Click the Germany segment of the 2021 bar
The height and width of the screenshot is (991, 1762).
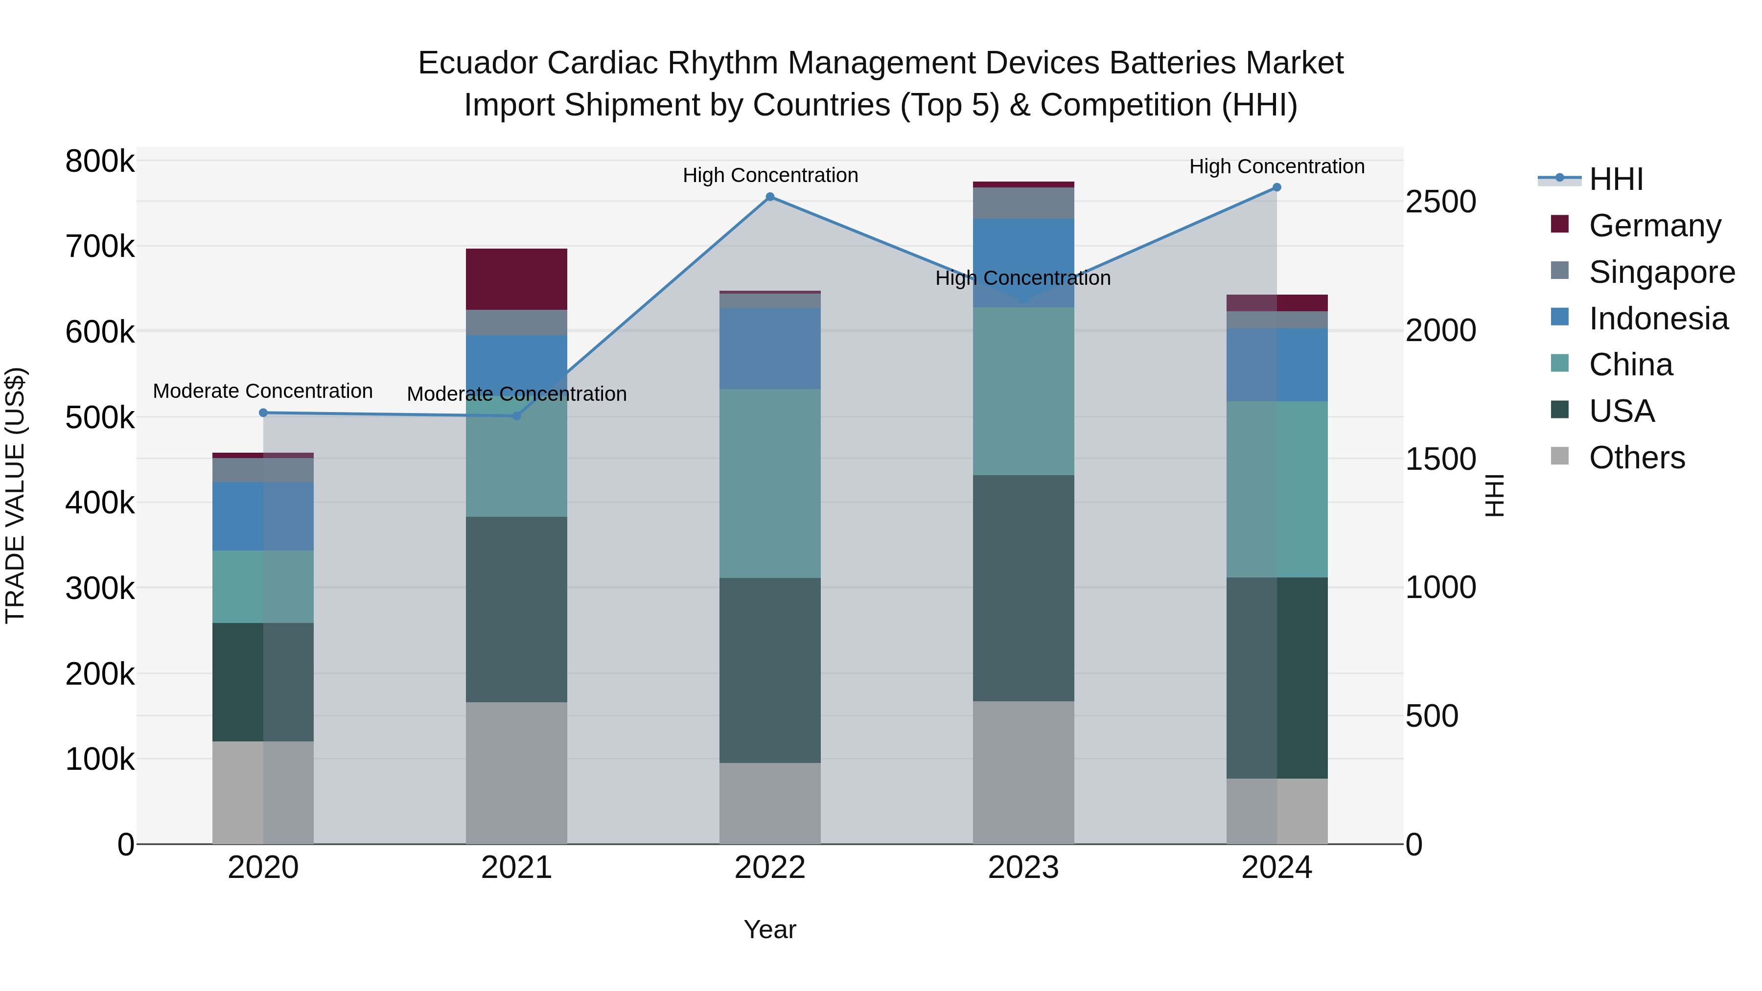[x=516, y=279]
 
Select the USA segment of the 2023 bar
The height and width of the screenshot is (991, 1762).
[x=1023, y=588]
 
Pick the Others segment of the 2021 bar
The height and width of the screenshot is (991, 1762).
[x=516, y=773]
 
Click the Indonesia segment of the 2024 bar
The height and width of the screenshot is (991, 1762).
[x=1276, y=365]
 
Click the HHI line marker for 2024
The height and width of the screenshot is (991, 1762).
[x=1276, y=187]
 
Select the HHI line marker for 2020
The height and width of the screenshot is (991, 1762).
[x=263, y=413]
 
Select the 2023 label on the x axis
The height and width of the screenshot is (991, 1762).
[x=1023, y=868]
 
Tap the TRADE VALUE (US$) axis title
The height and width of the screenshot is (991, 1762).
[x=15, y=495]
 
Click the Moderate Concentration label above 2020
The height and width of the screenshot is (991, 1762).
[x=263, y=391]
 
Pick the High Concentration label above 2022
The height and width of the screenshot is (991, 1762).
[x=770, y=175]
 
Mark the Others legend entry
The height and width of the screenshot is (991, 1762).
[x=1636, y=458]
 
